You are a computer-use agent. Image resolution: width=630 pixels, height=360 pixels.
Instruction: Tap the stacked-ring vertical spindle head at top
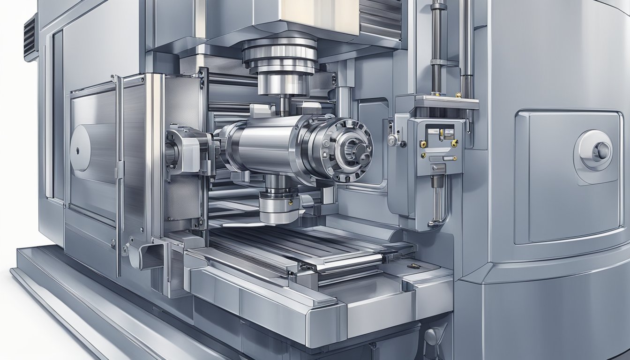[x=279, y=59]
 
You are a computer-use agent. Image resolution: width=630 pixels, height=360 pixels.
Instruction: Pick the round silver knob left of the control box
[x=393, y=139]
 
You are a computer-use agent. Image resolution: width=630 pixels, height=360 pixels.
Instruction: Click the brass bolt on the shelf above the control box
[x=458, y=95]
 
